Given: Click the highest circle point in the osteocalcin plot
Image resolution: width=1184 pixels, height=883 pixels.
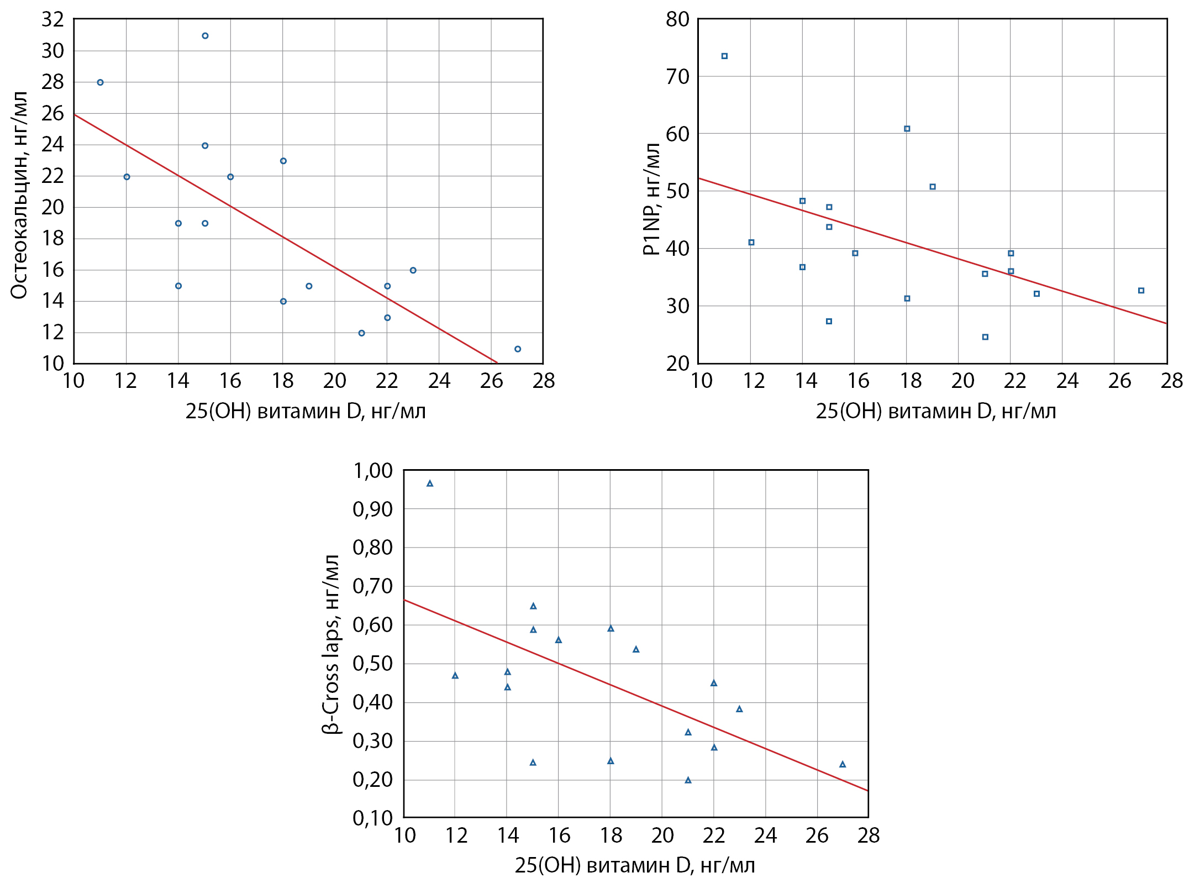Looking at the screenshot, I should (205, 36).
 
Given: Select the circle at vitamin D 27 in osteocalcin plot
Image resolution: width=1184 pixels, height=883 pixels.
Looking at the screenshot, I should (518, 349).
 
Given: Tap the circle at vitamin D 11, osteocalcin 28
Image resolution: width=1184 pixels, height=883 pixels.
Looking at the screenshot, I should (100, 82).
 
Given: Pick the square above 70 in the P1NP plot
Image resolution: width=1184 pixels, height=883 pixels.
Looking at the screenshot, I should (724, 56).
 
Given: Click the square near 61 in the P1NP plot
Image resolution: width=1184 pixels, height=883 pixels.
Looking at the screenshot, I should (907, 129).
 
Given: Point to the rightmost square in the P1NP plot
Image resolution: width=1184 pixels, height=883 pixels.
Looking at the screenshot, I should (1141, 291).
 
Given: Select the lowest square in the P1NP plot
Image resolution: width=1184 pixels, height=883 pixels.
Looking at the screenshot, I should (985, 337).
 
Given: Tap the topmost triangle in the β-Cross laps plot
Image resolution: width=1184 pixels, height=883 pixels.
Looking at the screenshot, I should (430, 483).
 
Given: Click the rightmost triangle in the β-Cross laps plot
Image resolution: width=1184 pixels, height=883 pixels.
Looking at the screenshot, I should (843, 764).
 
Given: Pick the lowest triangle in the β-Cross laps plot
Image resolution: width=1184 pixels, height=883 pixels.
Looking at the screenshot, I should (688, 780).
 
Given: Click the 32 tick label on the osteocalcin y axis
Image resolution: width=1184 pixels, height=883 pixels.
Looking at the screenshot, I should (53, 19).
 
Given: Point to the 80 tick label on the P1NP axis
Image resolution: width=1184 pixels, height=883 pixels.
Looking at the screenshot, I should (677, 19).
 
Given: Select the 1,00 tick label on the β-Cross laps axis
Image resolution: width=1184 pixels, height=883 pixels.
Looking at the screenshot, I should (372, 471).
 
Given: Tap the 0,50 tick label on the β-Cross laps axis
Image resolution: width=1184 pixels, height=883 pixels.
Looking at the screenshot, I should (372, 664).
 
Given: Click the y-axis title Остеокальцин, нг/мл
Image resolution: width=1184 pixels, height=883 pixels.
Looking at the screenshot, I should (19, 195).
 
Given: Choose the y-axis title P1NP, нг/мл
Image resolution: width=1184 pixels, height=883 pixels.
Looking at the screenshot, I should (651, 199).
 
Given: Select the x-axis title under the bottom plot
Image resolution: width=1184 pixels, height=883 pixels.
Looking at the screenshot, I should (635, 865).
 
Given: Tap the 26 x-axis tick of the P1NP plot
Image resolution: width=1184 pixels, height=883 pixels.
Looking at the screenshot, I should (1119, 381).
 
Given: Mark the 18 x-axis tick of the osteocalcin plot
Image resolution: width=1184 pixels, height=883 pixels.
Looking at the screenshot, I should (282, 381).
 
